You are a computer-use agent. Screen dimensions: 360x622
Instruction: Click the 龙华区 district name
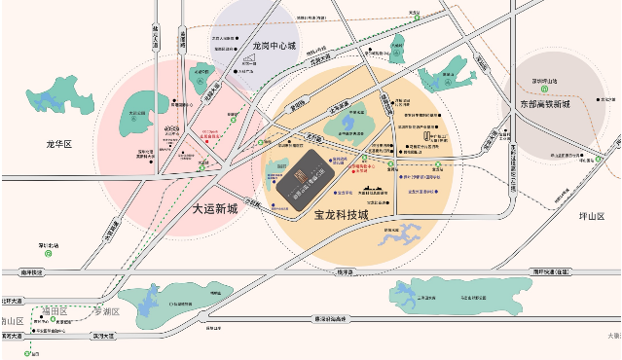click(59, 144)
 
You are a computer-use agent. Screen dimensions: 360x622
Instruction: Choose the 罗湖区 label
click(103, 311)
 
